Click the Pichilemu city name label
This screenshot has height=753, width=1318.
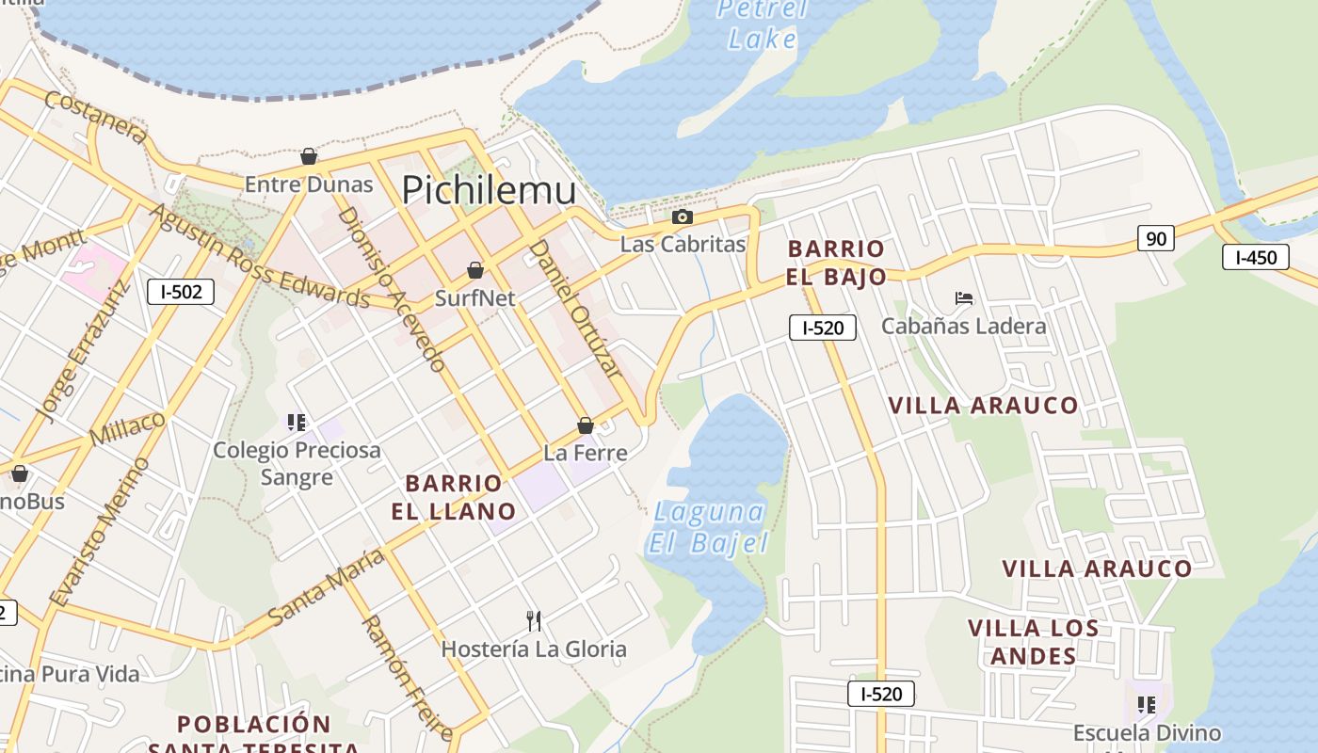(x=489, y=190)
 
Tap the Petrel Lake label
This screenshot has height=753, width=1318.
(x=762, y=24)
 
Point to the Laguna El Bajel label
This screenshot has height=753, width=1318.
(x=708, y=528)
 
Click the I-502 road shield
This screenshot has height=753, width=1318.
(x=181, y=292)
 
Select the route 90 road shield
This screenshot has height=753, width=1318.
(x=1155, y=239)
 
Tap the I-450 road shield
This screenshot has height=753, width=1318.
(x=1255, y=257)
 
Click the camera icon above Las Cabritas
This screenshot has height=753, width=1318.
(x=683, y=217)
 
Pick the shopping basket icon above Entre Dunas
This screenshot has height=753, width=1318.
(x=308, y=156)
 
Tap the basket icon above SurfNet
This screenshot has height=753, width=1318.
(x=475, y=270)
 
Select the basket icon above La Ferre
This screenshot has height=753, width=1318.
(x=586, y=425)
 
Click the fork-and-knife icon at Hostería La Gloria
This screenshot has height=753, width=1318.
(x=534, y=620)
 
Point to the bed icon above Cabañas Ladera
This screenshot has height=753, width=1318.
(x=963, y=298)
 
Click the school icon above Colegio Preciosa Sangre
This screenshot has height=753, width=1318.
(x=297, y=423)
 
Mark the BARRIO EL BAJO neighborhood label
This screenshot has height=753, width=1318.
(x=836, y=263)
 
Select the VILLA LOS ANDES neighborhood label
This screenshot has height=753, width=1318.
(x=1033, y=642)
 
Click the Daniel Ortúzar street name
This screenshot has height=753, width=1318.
(x=575, y=308)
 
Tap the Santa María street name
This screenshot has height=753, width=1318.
(x=326, y=588)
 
